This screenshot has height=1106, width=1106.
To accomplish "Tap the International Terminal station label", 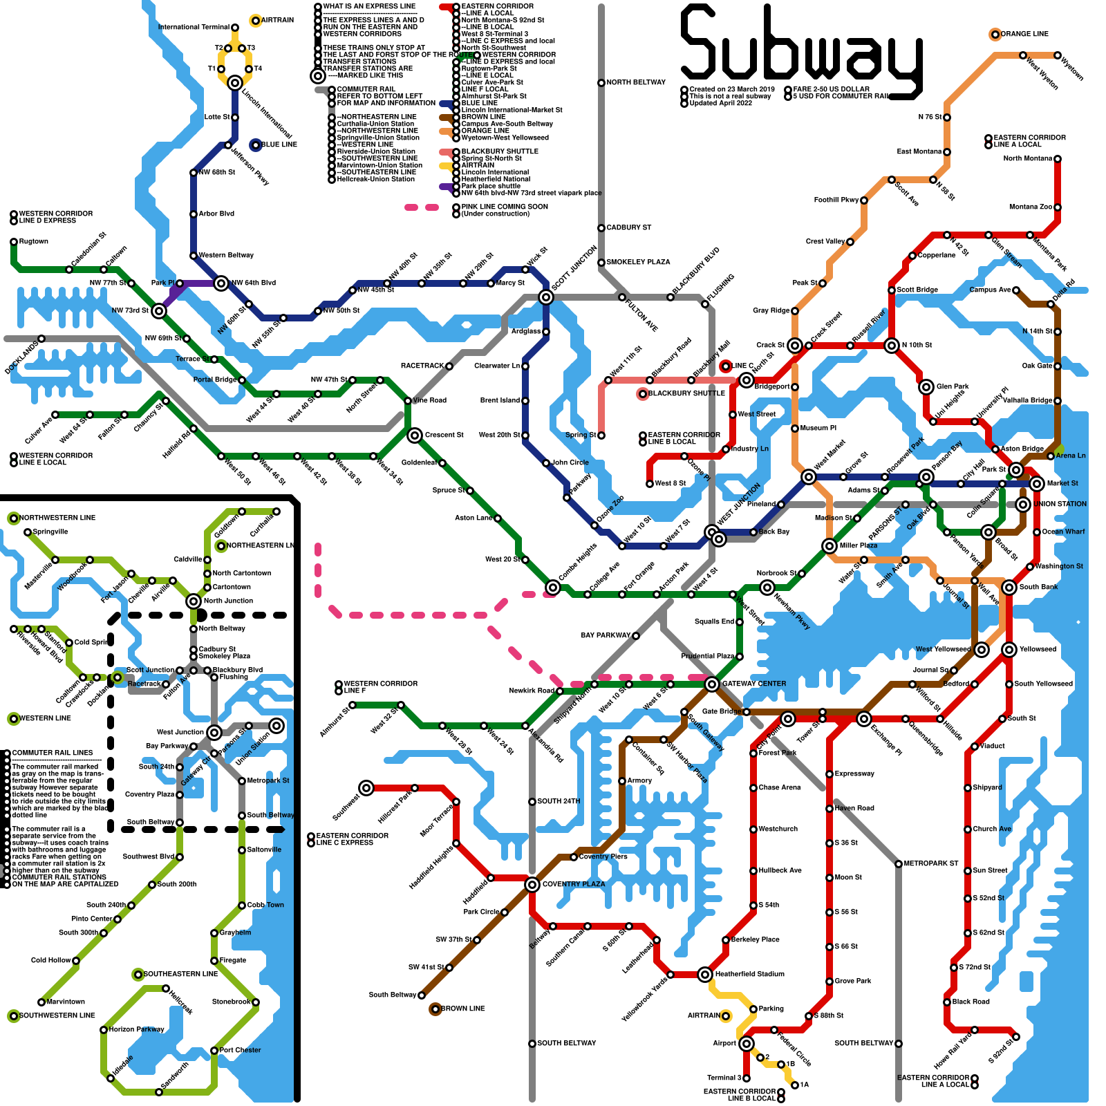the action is (x=194, y=28).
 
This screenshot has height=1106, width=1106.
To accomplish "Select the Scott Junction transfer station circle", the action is (x=546, y=297).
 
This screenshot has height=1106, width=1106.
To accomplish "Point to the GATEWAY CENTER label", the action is (x=754, y=684).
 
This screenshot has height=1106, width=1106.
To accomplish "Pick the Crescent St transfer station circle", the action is (x=415, y=435).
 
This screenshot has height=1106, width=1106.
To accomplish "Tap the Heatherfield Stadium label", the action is (x=750, y=974).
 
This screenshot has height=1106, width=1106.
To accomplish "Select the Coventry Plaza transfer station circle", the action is (x=532, y=885).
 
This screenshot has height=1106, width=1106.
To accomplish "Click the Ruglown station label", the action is (x=34, y=241).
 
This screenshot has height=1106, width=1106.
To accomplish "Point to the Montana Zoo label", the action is (x=1030, y=207).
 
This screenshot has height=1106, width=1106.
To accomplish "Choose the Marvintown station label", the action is (x=66, y=1002).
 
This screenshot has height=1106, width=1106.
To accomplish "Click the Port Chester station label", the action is (x=240, y=1050).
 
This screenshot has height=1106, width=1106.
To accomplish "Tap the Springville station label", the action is (x=50, y=532).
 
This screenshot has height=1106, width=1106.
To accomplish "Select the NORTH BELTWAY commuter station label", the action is (x=636, y=82).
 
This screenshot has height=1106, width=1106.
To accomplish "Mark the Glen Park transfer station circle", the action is (x=926, y=387).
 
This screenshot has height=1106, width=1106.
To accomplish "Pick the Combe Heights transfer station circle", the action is (x=553, y=588).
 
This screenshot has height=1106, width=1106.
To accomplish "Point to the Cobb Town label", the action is (x=265, y=905).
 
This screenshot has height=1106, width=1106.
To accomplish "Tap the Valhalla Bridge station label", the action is (x=1028, y=400).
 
